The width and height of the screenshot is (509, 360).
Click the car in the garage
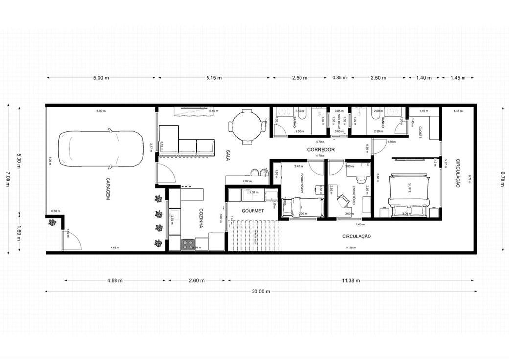click(x=102, y=148)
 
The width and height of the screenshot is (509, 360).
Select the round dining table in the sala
click(x=248, y=126)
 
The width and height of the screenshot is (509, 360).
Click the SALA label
click(x=228, y=156)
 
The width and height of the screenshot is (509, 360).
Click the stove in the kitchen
click(x=188, y=244)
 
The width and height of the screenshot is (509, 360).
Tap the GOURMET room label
click(x=253, y=211)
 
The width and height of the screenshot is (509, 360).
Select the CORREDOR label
click(x=321, y=149)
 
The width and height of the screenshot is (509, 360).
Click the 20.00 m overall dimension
click(x=261, y=291)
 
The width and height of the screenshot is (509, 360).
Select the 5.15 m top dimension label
click(x=214, y=78)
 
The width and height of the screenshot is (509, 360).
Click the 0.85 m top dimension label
click(x=339, y=78)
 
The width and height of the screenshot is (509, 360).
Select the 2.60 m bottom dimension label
click(x=197, y=281)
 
